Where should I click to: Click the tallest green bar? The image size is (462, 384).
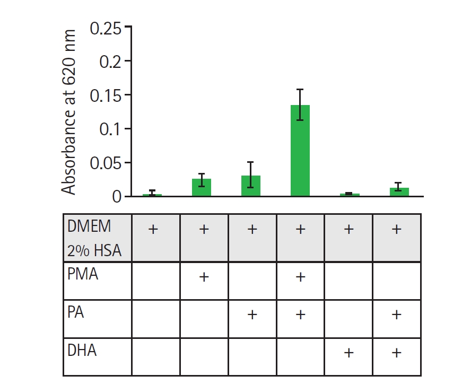[x=300, y=151]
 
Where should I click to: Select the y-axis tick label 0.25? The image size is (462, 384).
[x=106, y=28]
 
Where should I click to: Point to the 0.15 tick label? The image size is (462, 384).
[x=106, y=96]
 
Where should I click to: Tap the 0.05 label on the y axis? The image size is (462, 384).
[x=106, y=163]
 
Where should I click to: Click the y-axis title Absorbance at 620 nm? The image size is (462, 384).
[x=69, y=112]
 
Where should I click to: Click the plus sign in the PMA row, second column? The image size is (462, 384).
[x=204, y=277]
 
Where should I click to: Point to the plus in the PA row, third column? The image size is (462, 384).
[x=252, y=315]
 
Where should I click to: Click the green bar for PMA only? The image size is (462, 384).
[x=202, y=188]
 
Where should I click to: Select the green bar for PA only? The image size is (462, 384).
[x=251, y=186]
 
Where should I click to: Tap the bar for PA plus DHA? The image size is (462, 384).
[x=399, y=192]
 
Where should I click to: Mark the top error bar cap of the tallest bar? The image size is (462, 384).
[x=300, y=89]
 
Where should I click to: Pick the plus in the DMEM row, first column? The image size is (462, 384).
[x=153, y=229]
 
